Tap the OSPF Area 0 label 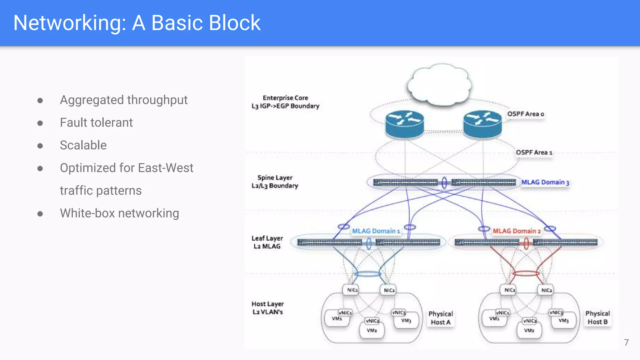coord(525,114)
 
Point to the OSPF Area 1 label coord(534,152)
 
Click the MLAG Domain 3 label coord(545,182)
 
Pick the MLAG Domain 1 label coord(376,231)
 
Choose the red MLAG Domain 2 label coord(517,231)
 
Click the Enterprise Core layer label coord(285,102)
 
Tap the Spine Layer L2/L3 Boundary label coord(275,182)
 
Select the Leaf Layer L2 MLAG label coord(267,242)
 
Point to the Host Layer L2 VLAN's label coord(268,308)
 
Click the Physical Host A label coord(441,318)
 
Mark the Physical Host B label coord(597,317)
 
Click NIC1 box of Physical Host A coord(352,290)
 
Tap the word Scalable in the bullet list coord(83,145)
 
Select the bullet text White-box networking coord(119,213)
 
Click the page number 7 coord(626,342)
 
